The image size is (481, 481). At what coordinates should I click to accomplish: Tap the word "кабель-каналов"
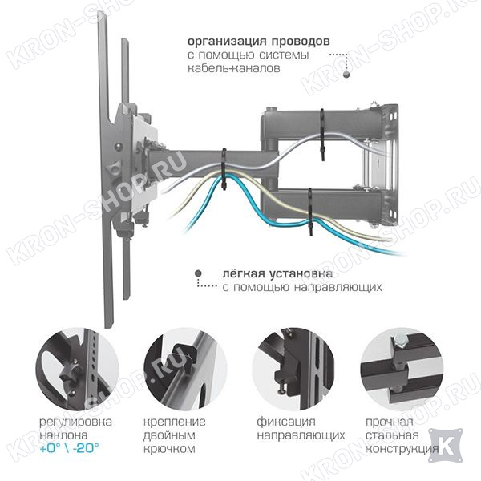(234, 68)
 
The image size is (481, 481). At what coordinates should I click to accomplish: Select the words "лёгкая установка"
(277, 273)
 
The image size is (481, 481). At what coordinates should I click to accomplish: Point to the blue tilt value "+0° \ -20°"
(69, 448)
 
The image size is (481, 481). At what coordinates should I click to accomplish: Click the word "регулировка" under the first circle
(75, 422)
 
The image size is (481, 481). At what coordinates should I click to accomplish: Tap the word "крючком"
(169, 449)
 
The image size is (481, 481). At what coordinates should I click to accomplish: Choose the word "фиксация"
(286, 422)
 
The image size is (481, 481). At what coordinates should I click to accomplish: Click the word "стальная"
(392, 435)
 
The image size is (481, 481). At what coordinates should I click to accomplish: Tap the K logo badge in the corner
(444, 446)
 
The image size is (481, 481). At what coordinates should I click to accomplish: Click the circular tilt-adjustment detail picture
(77, 369)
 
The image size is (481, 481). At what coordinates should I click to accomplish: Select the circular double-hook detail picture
(185, 369)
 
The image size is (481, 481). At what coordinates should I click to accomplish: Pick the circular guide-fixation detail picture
(293, 369)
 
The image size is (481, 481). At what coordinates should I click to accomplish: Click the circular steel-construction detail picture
(402, 369)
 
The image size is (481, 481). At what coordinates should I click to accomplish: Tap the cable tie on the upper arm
(322, 135)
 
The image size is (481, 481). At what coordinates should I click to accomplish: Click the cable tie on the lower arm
(310, 212)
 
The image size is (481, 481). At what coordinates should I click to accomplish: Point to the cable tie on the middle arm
(224, 168)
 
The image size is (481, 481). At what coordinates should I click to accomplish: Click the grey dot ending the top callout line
(346, 75)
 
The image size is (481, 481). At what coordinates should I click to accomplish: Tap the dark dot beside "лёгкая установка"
(199, 273)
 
